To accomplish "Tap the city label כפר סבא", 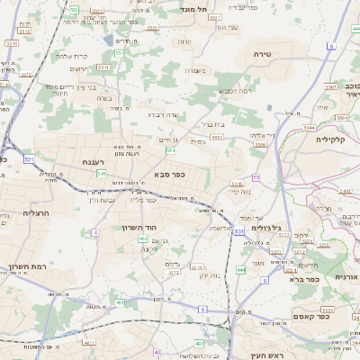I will pyautogui.click(x=168, y=174).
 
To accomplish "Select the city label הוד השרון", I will pyautogui.click(x=139, y=228).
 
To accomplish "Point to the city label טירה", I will pyautogui.click(x=263, y=55).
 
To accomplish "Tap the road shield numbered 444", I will pyautogui.click(x=240, y=269).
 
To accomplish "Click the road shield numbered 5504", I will pyautogui.click(x=340, y=117).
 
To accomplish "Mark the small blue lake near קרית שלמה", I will pyautogui.click(x=109, y=40).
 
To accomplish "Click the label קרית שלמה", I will pyautogui.click(x=70, y=56).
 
